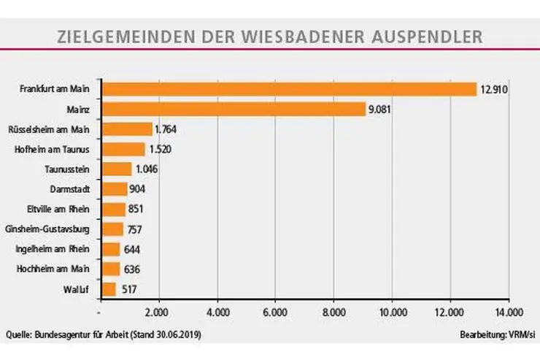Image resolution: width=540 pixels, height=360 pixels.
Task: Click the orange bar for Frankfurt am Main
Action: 289,89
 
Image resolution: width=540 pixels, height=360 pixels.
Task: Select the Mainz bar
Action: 234,110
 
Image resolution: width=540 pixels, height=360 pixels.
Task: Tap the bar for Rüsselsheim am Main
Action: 127,129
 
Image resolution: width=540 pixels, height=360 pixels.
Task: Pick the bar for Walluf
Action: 109,289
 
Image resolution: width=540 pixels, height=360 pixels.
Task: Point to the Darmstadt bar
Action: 115,189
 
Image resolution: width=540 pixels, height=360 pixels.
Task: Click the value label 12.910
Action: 493,90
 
